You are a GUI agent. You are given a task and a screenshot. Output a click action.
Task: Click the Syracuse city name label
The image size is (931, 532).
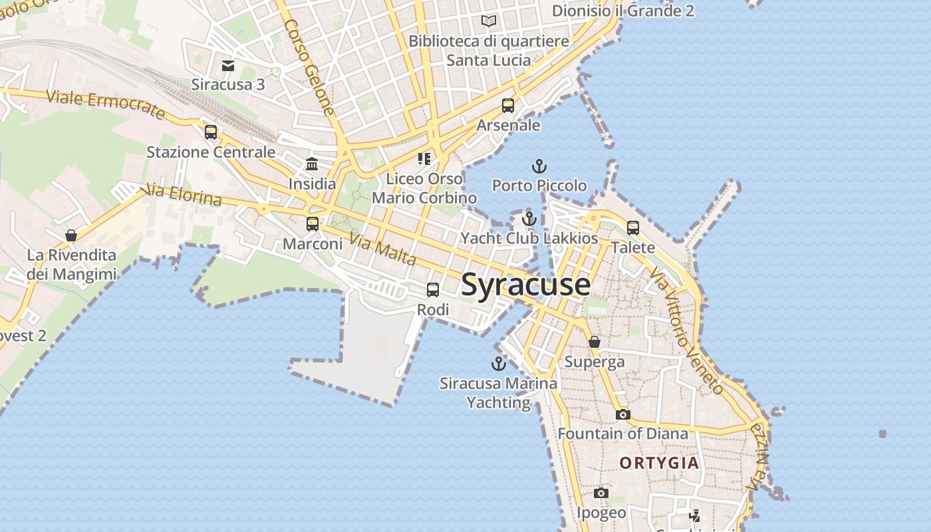point(525,285)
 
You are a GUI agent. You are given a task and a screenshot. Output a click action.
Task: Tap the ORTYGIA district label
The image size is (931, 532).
point(659,463)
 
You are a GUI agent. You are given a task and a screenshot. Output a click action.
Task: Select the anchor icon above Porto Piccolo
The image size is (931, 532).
point(539,166)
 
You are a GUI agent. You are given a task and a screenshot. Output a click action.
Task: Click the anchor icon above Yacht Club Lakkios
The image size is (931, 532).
point(529,219)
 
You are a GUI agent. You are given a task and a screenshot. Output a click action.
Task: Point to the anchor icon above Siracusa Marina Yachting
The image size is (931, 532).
point(498,364)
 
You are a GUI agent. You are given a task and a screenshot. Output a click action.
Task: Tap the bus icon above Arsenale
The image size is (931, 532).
point(508,106)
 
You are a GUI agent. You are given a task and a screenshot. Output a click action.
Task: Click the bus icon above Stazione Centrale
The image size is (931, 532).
point(211,132)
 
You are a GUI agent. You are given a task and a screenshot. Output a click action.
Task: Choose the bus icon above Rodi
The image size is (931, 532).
point(433,290)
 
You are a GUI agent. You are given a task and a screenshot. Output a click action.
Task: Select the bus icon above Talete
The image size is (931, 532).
point(633,228)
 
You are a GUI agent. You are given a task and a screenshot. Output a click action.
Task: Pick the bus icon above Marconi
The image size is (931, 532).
point(313,224)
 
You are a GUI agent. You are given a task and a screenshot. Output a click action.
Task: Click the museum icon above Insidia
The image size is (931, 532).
point(312,164)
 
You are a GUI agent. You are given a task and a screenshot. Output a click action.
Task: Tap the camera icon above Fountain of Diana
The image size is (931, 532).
point(622,414)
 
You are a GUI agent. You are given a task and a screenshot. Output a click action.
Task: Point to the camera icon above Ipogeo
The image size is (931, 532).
point(601,493)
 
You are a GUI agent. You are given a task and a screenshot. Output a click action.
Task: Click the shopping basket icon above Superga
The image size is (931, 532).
point(595,342)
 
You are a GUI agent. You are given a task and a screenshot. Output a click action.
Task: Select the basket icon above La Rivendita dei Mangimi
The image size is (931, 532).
point(71,235)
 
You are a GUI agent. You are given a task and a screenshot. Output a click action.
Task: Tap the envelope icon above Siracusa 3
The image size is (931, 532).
point(228,65)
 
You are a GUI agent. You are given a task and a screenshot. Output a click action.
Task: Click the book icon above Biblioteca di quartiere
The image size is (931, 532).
point(489,21)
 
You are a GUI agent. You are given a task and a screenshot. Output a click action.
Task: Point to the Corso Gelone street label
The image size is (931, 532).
point(310,66)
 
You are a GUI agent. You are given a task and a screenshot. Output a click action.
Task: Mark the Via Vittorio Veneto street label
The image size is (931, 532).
point(686,331)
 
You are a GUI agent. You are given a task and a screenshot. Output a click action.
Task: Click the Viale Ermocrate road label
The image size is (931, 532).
point(106,104)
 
